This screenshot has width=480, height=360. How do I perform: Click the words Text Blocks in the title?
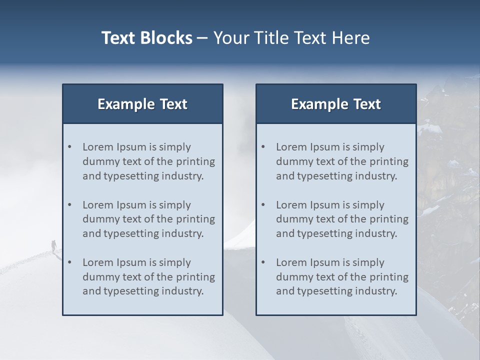(146, 38)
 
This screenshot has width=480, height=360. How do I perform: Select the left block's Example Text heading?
(142, 104)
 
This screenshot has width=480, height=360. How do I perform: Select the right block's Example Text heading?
(336, 104)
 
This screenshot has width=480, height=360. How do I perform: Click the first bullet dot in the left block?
(70, 147)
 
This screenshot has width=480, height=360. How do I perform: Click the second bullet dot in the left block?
(70, 205)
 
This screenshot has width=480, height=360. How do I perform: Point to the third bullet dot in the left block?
(70, 262)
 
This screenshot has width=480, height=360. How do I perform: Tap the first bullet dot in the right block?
(263, 147)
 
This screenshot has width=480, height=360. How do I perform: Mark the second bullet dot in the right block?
(263, 205)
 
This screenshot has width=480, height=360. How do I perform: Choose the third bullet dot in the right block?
(263, 262)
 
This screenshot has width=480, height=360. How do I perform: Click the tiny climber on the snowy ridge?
(53, 245)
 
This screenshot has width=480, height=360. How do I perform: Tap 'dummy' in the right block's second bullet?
(292, 219)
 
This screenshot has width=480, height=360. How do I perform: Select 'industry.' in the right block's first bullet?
(377, 176)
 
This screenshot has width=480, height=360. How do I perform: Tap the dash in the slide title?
(202, 38)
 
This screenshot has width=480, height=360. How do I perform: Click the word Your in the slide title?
(230, 38)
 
